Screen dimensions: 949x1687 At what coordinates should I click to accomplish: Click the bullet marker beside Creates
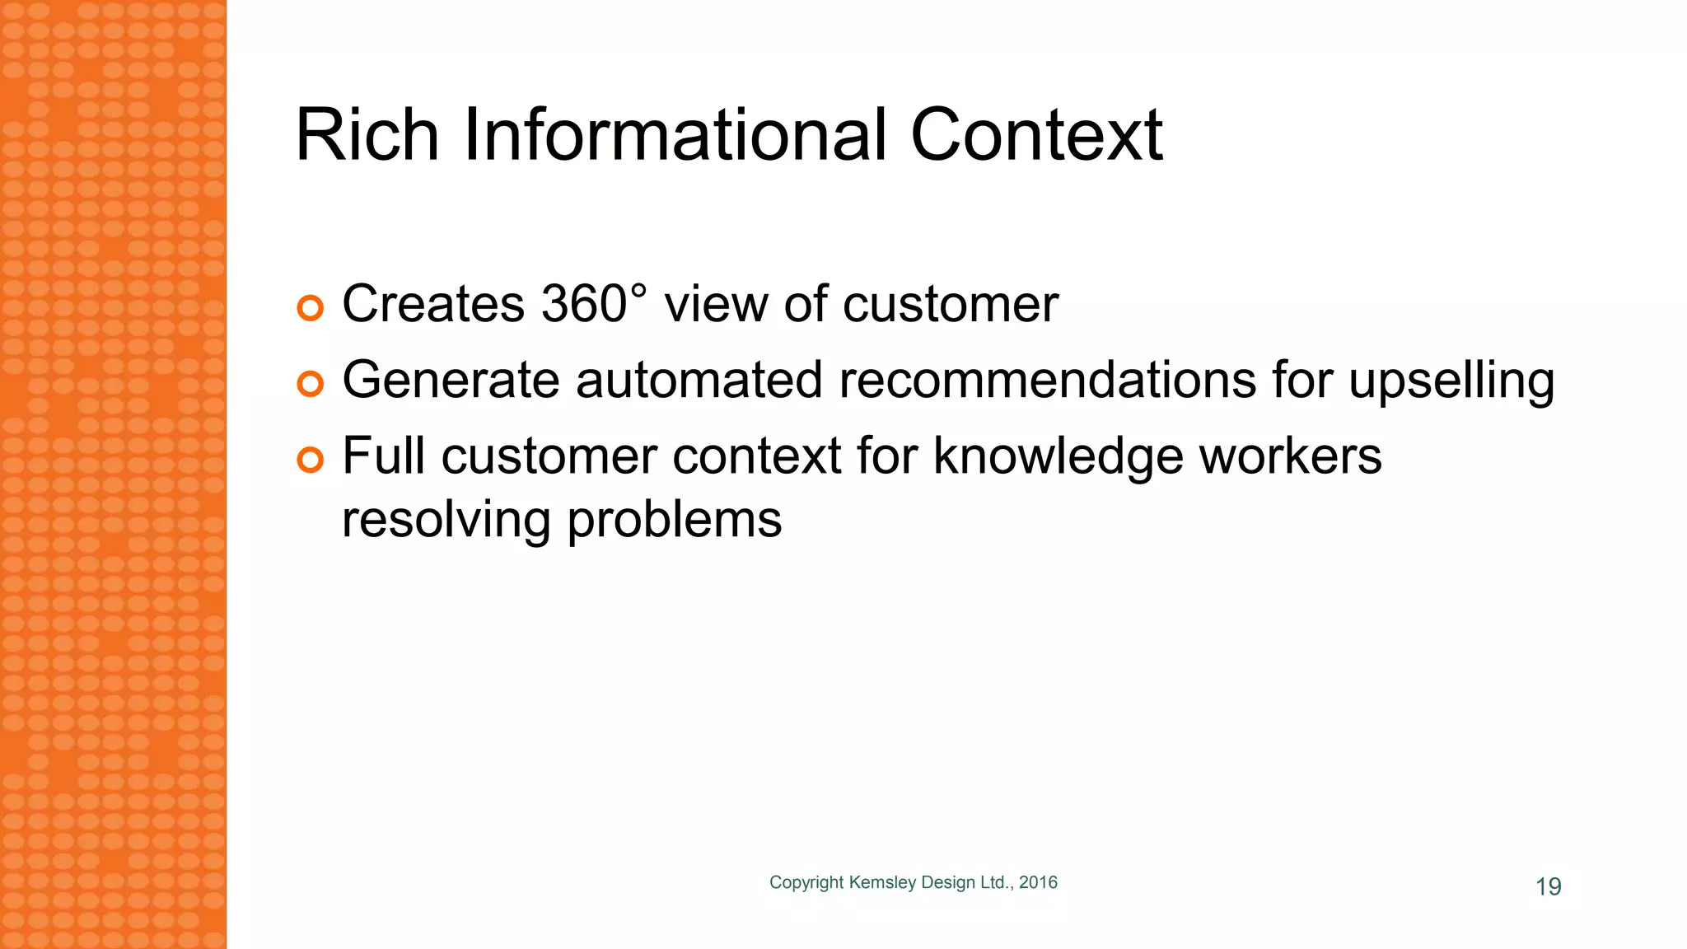tap(311, 308)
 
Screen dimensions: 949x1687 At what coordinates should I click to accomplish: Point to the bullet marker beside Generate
tap(311, 384)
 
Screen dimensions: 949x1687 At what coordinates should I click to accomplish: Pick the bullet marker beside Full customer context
tap(311, 460)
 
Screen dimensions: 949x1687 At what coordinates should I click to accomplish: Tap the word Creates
tap(432, 303)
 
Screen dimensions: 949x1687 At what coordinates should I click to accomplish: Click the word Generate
tap(450, 380)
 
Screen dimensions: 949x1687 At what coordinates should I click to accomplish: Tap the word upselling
tap(1451, 380)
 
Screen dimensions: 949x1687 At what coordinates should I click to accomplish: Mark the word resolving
tap(446, 520)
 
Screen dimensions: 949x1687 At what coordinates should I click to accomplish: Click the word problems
tap(675, 520)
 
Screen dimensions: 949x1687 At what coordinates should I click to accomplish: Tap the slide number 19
tap(1549, 886)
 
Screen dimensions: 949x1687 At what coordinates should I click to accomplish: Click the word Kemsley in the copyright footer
tap(882, 882)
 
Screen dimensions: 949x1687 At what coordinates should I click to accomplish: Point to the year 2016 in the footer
tap(1038, 882)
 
